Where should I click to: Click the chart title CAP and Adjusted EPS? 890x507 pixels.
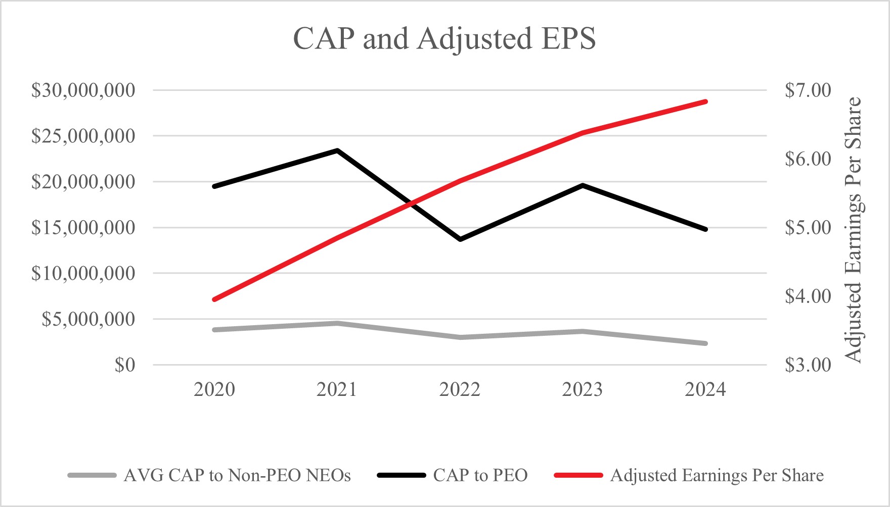click(444, 38)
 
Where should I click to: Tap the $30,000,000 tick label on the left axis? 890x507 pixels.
click(83, 90)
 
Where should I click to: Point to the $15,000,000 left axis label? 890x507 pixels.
click(83, 228)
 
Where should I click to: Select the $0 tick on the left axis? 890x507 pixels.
click(125, 365)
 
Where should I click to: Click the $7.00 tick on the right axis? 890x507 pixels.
click(808, 90)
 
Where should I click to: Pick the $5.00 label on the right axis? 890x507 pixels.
click(808, 228)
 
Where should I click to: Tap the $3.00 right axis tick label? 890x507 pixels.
click(808, 365)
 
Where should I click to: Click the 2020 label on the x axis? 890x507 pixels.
click(214, 389)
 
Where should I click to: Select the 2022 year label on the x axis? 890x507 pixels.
click(460, 389)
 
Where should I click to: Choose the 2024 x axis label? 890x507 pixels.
click(705, 389)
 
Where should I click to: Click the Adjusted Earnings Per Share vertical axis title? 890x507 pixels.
click(854, 230)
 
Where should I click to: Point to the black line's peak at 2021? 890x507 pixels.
click(337, 150)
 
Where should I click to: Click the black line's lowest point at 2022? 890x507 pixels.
click(460, 239)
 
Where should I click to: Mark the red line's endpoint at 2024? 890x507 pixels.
click(705, 102)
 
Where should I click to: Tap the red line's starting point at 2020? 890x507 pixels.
click(214, 299)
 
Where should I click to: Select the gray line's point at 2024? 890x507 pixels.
click(705, 343)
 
